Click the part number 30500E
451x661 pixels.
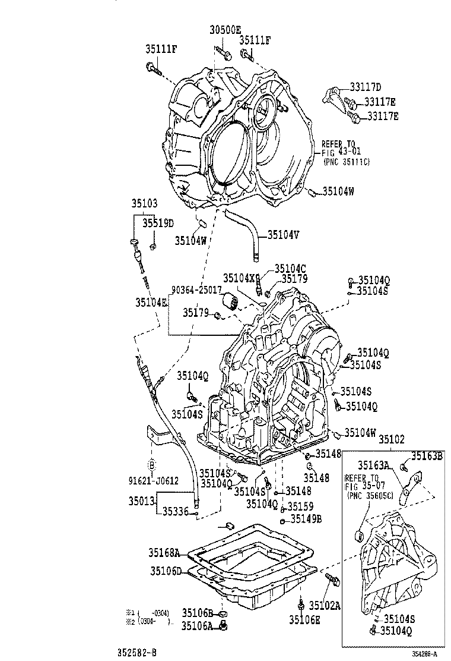[x=225, y=30]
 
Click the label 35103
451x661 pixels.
[x=145, y=203]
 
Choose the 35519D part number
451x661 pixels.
[x=157, y=223]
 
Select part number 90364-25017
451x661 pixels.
[x=196, y=289]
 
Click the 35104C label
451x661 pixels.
[x=290, y=268]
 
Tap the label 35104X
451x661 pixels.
[x=239, y=278]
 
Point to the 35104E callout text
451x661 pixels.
[x=151, y=303]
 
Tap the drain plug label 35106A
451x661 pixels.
[x=197, y=625]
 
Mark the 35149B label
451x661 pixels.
[x=306, y=519]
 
